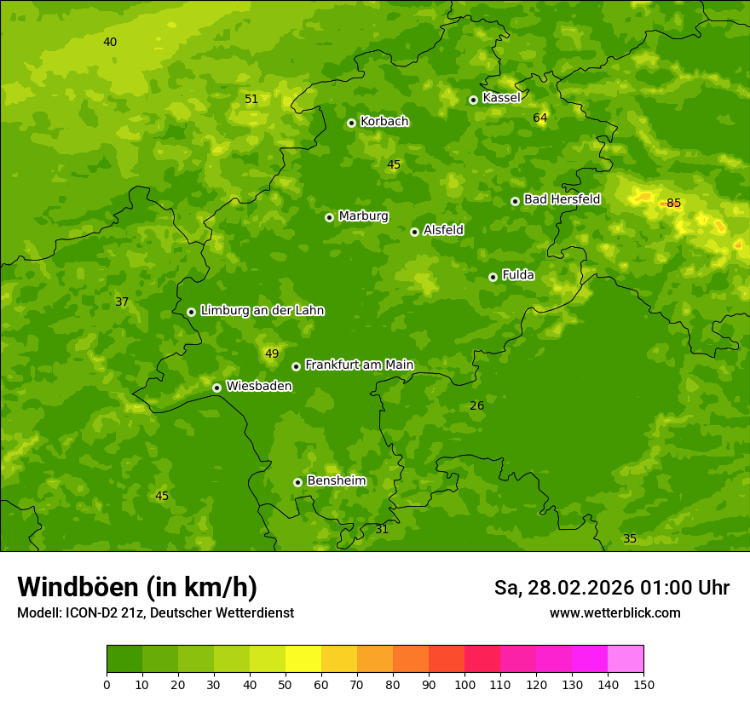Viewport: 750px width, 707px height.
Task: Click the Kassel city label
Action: coord(501,98)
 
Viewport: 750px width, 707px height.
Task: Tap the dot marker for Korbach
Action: coord(351,123)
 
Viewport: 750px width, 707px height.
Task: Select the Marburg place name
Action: coord(363,216)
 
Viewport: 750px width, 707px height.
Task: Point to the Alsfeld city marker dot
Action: coord(415,232)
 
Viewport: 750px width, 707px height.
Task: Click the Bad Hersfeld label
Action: coord(562,199)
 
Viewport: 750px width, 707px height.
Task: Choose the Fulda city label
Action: coord(518,275)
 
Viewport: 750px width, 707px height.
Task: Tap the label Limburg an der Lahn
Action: coord(262,310)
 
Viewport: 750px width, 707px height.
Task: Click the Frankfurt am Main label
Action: coord(359,365)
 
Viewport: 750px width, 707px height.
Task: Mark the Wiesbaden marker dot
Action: coord(217,388)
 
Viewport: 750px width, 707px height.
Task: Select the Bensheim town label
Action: coord(336,480)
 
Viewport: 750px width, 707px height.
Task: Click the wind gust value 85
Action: coord(673,203)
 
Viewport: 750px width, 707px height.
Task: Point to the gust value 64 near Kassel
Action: coord(540,118)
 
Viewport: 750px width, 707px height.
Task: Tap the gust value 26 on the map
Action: coord(477,405)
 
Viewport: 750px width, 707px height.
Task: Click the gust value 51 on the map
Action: coord(251,99)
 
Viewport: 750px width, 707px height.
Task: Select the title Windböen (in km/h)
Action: coord(137,587)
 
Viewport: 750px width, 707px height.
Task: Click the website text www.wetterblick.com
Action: coord(614,612)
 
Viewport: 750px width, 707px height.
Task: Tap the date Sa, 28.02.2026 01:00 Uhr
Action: coord(611,588)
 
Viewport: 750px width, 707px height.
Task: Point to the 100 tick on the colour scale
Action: coord(464,684)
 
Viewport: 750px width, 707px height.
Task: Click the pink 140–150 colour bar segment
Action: coord(626,659)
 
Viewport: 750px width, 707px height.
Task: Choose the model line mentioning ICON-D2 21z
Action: coord(155,612)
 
